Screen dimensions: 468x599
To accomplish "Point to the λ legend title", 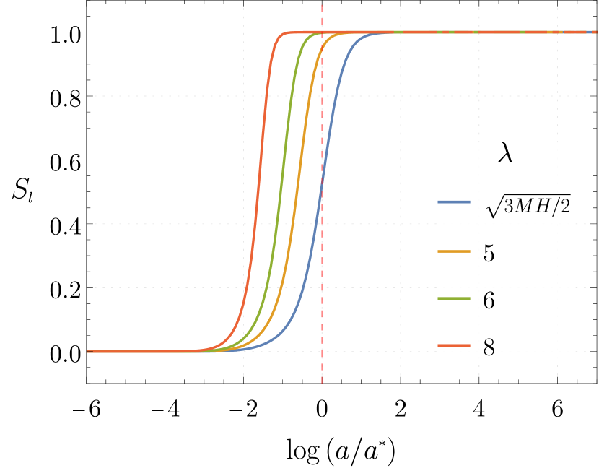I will pyautogui.click(x=505, y=153).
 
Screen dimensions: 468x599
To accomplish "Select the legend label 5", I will pyautogui.click(x=489, y=253).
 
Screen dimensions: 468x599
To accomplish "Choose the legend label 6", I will pyautogui.click(x=489, y=300).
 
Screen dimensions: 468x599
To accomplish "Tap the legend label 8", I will pyautogui.click(x=489, y=347).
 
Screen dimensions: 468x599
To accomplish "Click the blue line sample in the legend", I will pyautogui.click(x=454, y=202).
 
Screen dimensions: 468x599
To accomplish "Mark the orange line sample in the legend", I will pyautogui.click(x=454, y=251).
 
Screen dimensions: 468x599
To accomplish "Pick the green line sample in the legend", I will pyautogui.click(x=454, y=298).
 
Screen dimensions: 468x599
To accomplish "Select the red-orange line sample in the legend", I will pyautogui.click(x=454, y=346).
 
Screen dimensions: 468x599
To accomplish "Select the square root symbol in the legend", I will pyautogui.click(x=494, y=207).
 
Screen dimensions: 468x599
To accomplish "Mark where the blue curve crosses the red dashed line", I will pyautogui.click(x=322, y=175).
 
